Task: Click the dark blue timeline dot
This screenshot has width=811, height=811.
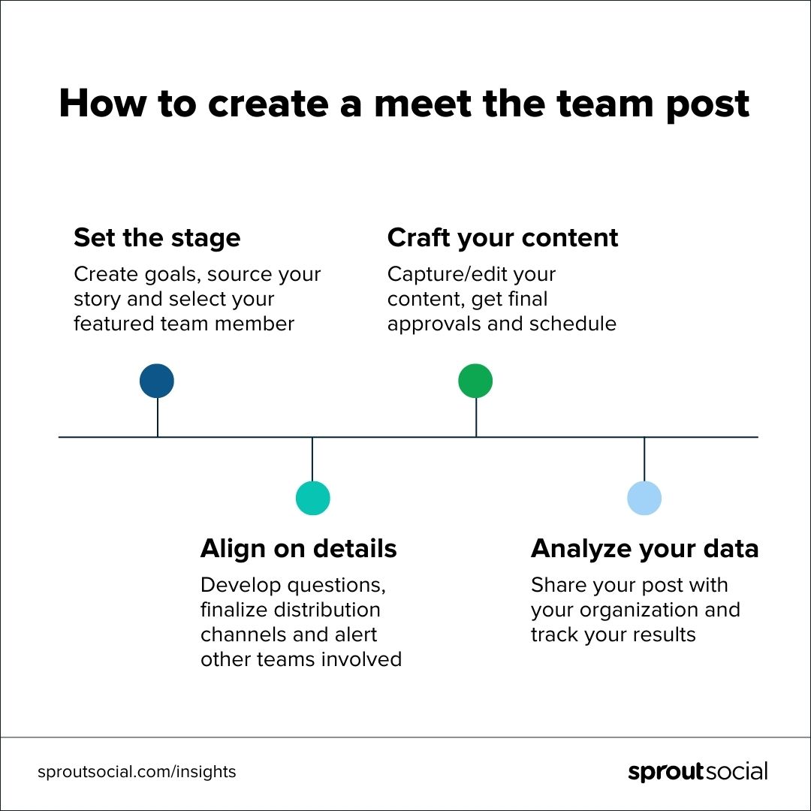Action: pyautogui.click(x=157, y=381)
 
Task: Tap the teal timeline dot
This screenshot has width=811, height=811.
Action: pyautogui.click(x=312, y=498)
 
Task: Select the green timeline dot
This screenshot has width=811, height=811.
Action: pyautogui.click(x=475, y=381)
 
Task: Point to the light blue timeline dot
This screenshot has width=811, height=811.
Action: pyautogui.click(x=644, y=498)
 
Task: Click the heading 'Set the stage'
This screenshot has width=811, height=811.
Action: pyautogui.click(x=157, y=238)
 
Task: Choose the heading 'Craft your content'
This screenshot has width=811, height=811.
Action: pyautogui.click(x=502, y=238)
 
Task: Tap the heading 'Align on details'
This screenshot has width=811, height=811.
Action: pyautogui.click(x=298, y=549)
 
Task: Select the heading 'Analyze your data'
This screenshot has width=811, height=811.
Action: pyautogui.click(x=644, y=549)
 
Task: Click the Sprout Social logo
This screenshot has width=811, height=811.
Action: pyautogui.click(x=698, y=772)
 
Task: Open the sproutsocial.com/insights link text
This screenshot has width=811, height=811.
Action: pyautogui.click(x=137, y=772)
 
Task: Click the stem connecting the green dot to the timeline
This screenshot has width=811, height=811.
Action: pyautogui.click(x=476, y=417)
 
